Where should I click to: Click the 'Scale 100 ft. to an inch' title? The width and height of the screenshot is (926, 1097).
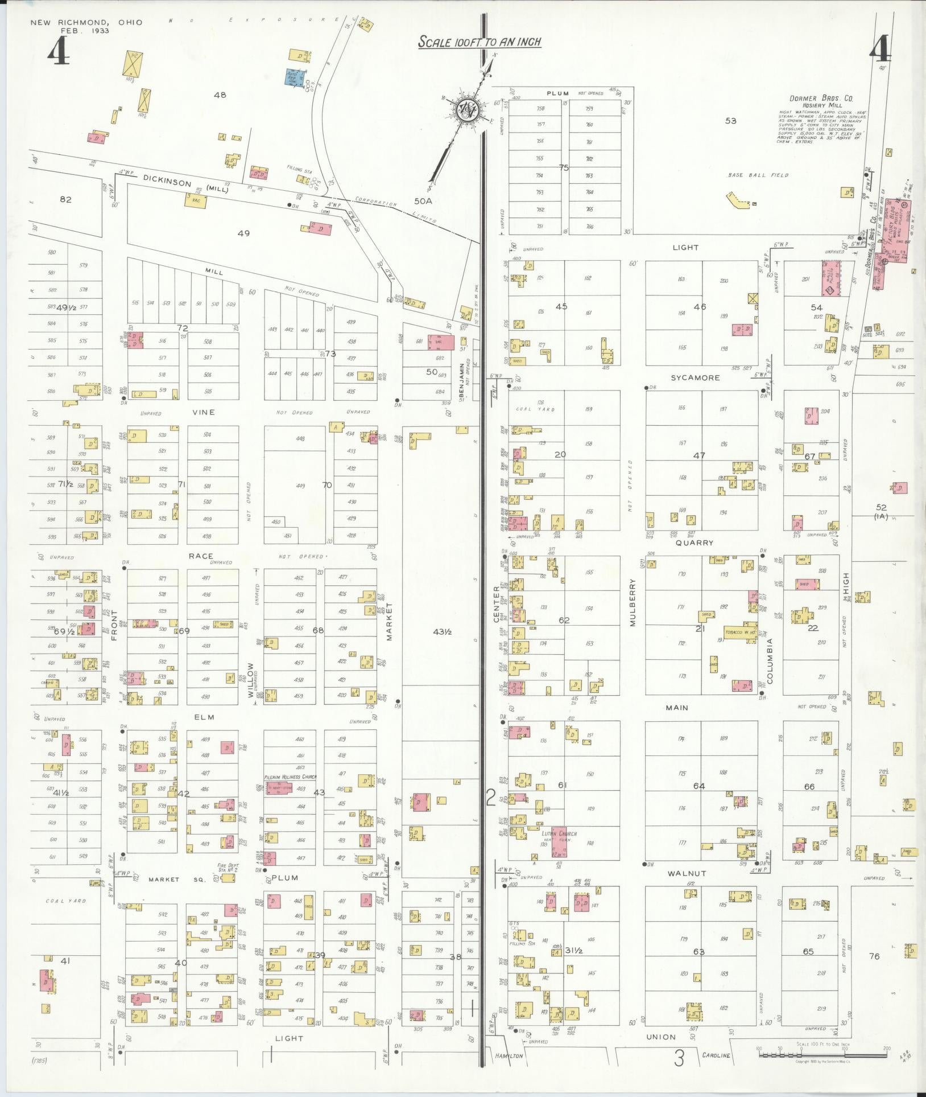coord(479,42)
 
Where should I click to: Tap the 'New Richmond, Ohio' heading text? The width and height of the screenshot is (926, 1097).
coord(86,23)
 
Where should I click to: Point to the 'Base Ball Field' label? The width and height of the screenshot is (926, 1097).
coord(758,175)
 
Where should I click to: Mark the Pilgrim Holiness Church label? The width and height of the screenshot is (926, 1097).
coord(290,777)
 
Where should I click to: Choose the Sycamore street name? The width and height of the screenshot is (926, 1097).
coord(695,378)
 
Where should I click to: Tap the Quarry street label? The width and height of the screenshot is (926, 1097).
coord(694,543)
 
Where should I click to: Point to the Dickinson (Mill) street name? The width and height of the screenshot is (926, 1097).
coord(185,184)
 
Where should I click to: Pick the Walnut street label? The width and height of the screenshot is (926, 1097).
coord(687,873)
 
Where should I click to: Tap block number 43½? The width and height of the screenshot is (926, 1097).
coord(442,631)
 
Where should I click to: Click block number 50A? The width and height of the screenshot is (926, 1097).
coord(423,201)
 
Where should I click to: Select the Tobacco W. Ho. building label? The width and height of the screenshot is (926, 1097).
coord(740,632)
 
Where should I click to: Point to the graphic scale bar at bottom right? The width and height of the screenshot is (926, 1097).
coord(822,1054)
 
